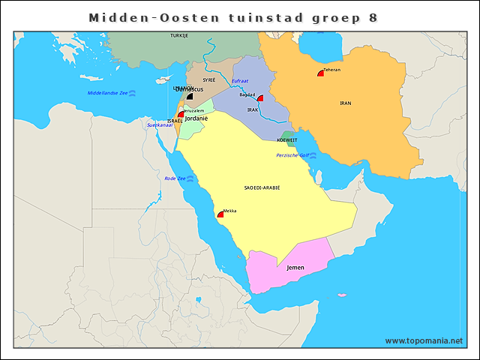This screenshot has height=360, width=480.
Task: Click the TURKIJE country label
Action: coord(179,35)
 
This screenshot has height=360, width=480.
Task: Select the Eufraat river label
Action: coord(239,80)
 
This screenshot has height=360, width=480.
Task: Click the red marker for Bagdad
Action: coord(260,98)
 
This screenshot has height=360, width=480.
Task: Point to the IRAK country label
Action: coord(253,109)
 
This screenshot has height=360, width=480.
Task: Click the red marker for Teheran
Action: coord(321,73)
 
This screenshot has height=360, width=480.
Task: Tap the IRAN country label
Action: coord(345,103)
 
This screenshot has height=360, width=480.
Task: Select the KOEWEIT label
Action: coord(287,140)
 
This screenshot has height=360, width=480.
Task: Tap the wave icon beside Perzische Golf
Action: coord(313,155)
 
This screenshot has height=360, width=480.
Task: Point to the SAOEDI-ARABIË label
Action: coord(262,187)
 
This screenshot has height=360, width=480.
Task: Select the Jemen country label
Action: coord(295,266)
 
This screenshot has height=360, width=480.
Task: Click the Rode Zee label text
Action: coord(175,178)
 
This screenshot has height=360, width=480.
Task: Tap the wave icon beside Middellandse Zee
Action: coord(133,93)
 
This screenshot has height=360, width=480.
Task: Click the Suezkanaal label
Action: coord(160,124)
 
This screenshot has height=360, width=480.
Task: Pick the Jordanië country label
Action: coord(196,118)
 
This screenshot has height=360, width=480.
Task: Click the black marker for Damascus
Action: coord(190,96)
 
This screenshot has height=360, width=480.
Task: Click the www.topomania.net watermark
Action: coord(424,340)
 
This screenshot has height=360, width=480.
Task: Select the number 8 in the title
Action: coord(373,17)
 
